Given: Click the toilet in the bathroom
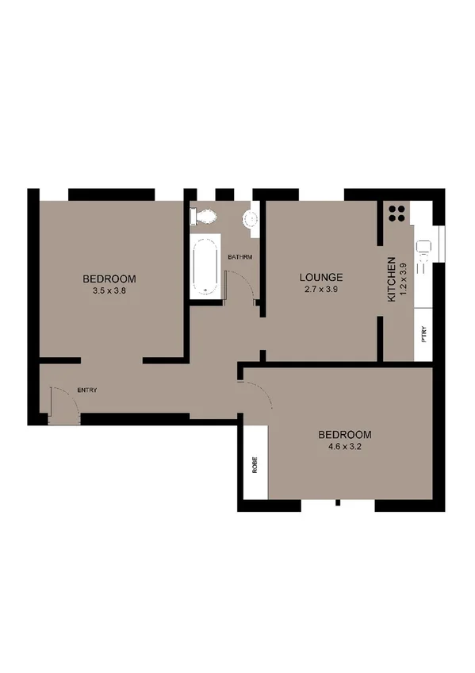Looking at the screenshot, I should pos(204,216).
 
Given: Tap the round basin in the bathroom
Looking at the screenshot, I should pos(251,218).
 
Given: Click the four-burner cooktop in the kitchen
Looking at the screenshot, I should pos(397,213).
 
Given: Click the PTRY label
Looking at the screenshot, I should pos(424,333).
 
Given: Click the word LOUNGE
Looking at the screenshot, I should pos(320,277).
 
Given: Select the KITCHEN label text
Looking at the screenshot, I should pos(391,279).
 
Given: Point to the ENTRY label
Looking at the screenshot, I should pos(87,390).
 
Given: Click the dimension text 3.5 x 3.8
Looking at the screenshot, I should pos(110,290).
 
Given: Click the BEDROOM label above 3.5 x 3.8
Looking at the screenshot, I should pos(110,279).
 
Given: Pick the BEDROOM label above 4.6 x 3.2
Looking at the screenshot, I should pos(345,434).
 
